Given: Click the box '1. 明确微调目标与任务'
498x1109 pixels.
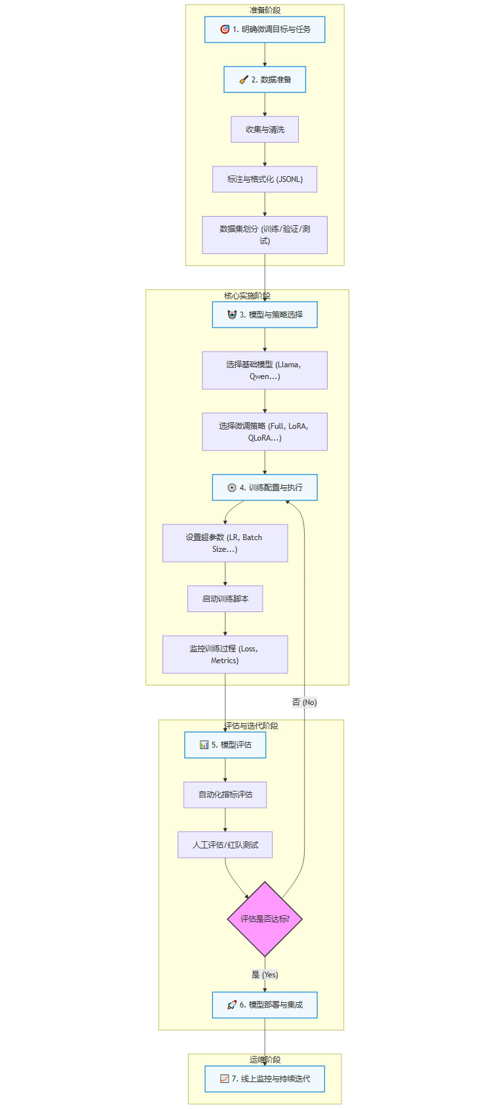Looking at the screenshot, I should tap(265, 29).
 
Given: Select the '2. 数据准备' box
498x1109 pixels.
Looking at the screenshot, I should tap(265, 79).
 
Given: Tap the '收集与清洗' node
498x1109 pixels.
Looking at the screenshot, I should tap(265, 129).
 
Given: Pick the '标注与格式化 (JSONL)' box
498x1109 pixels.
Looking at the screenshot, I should tap(265, 179).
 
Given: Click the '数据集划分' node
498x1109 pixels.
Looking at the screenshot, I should tap(265, 234).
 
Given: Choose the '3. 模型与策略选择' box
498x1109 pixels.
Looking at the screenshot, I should tap(265, 314).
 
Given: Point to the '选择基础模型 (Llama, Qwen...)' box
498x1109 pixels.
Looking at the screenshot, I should tap(265, 370).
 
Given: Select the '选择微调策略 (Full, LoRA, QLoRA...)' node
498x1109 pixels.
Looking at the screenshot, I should tap(265, 431).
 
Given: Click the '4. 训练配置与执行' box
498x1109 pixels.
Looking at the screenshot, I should tap(265, 487).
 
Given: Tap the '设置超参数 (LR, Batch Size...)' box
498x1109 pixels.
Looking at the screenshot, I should tap(225, 543).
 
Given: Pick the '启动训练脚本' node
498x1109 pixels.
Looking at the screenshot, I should tap(225, 598).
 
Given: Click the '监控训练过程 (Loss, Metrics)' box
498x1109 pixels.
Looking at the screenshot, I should tap(225, 654).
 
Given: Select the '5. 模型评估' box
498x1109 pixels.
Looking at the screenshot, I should tap(225, 744).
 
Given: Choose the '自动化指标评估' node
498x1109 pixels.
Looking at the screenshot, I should tap(225, 794).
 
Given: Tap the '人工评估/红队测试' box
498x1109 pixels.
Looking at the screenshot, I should tap(225, 845).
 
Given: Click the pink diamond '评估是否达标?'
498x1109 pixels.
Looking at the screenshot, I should tap(265, 918).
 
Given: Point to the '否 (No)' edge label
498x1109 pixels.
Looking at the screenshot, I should tap(304, 702).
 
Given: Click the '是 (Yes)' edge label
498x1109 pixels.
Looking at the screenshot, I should tap(265, 974).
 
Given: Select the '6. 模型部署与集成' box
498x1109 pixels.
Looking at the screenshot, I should tap(265, 1004).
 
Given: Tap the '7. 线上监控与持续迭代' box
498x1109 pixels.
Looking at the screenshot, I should tap(265, 1078).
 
